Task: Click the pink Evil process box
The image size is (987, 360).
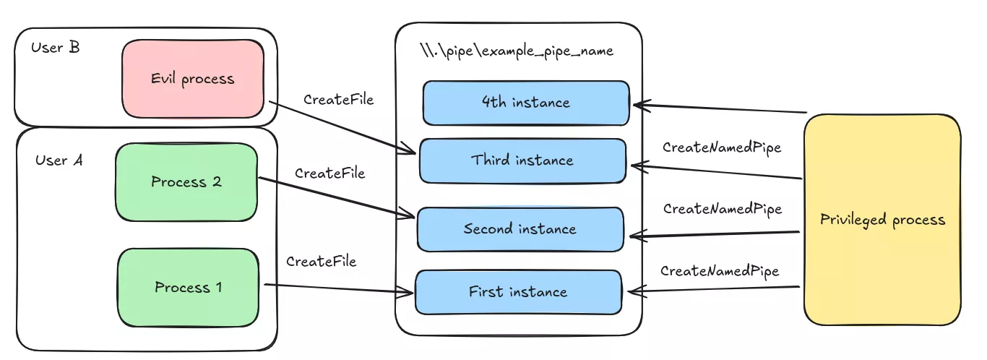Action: click(x=192, y=79)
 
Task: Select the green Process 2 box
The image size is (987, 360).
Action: click(x=186, y=182)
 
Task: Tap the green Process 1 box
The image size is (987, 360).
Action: click(x=188, y=288)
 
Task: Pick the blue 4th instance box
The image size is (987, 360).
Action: click(x=525, y=103)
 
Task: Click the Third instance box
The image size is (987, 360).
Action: click(x=522, y=160)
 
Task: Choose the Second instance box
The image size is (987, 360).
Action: click(x=520, y=229)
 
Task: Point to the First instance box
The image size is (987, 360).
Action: click(x=517, y=292)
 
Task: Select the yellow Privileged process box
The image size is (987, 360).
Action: click(x=882, y=220)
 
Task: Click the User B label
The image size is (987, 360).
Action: click(x=56, y=48)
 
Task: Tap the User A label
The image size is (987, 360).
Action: click(x=59, y=160)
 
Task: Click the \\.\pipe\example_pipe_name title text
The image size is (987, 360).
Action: click(x=517, y=51)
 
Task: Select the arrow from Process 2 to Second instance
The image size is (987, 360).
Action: click(x=335, y=197)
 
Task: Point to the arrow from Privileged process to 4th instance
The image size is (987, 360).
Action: click(x=719, y=109)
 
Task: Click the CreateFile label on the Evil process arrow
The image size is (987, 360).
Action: click(x=338, y=100)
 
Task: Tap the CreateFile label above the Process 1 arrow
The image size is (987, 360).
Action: click(x=321, y=262)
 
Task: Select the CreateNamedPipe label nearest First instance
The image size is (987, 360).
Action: click(x=720, y=271)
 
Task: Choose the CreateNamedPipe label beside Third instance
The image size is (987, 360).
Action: click(x=722, y=147)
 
